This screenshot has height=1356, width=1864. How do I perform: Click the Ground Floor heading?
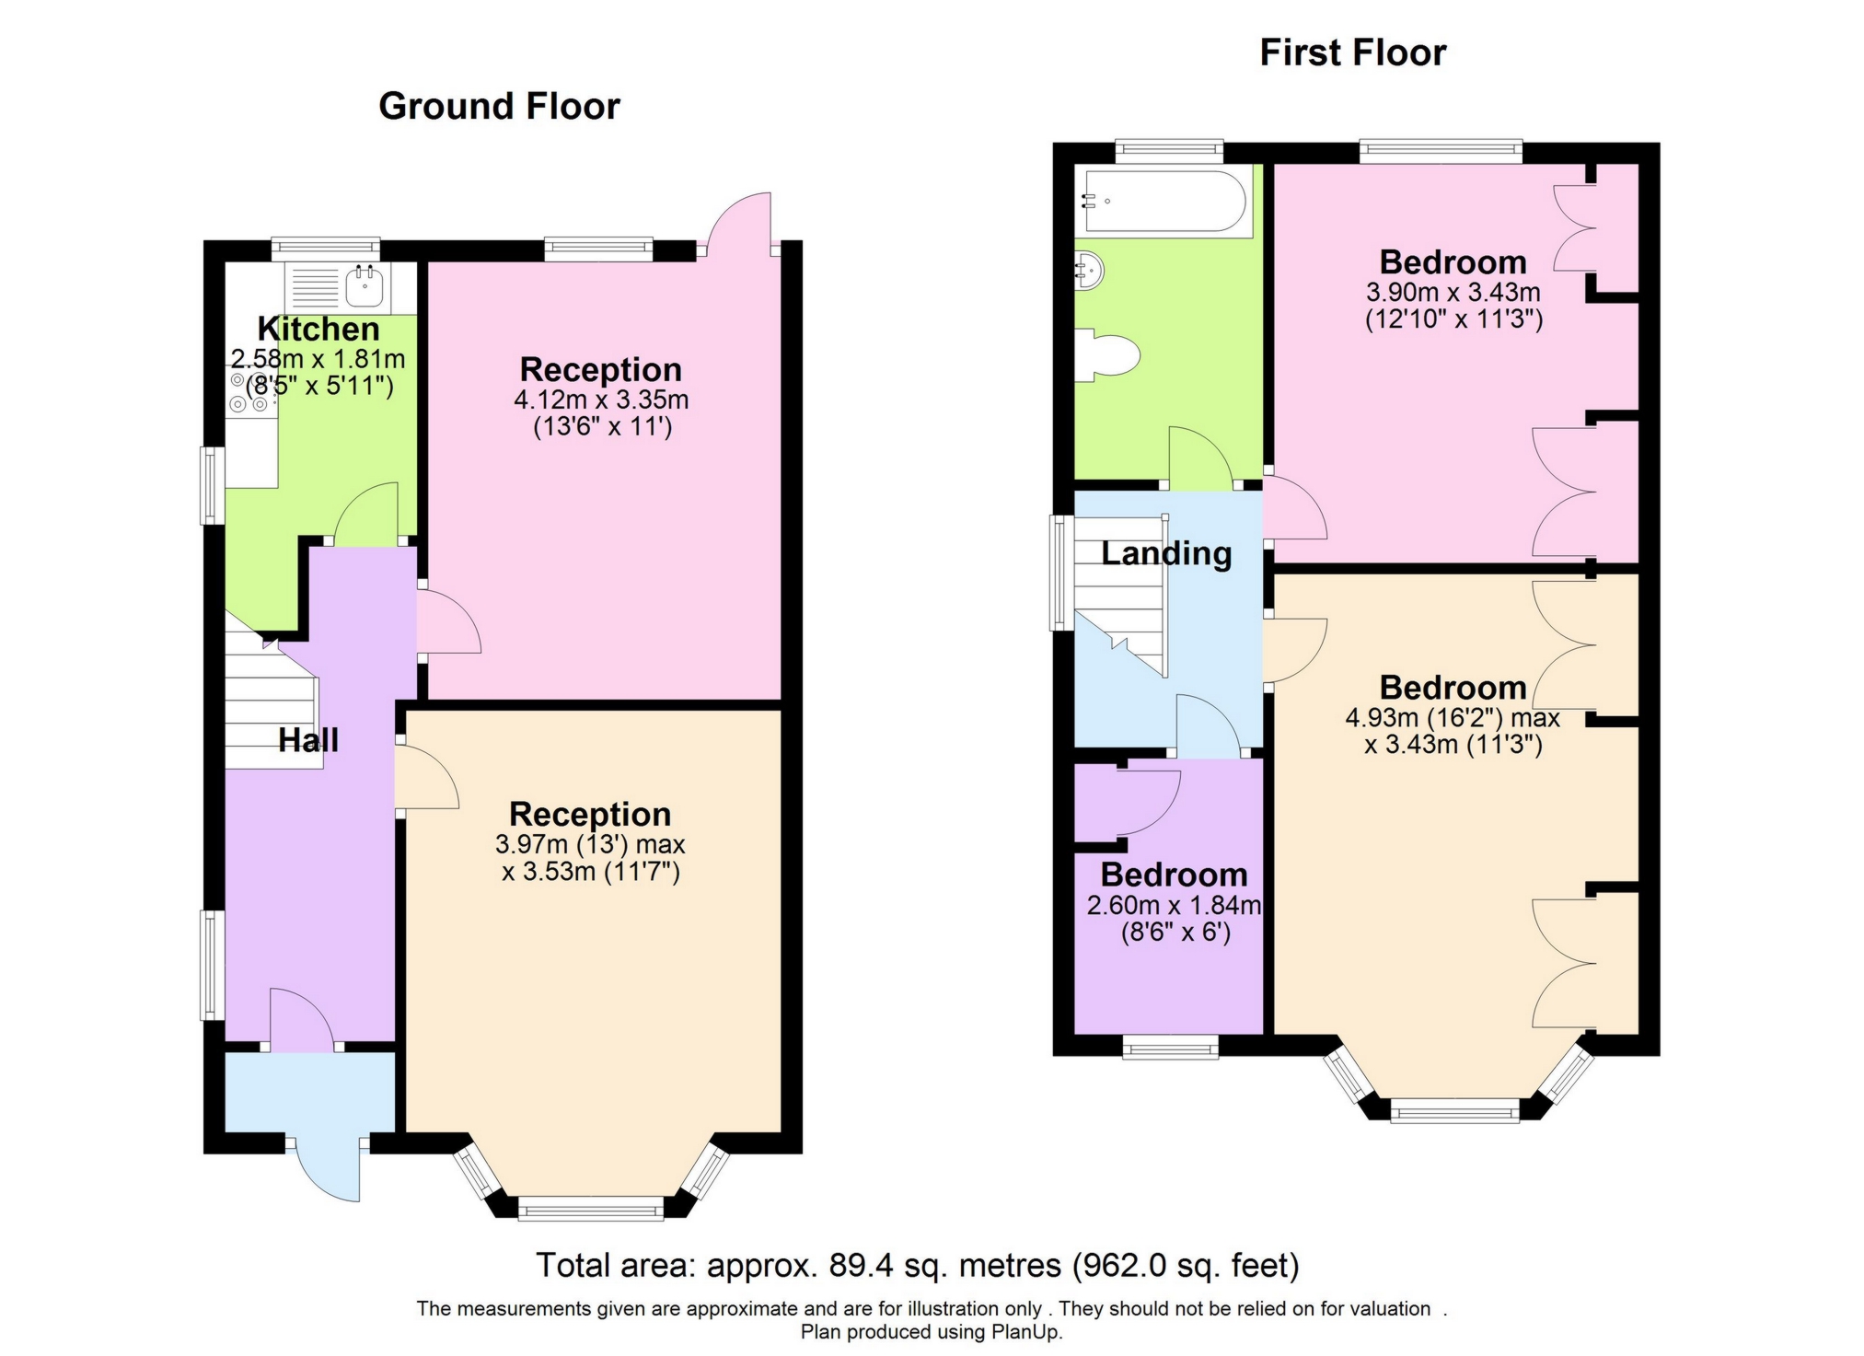pos(499,106)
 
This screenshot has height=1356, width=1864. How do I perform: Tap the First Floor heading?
pos(1352,52)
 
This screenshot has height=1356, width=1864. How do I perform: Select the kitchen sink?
pos(365,286)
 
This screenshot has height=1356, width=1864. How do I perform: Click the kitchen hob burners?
pos(249,392)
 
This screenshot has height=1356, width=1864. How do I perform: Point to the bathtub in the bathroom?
pos(1164,201)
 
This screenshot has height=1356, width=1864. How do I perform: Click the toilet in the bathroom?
pos(1108,354)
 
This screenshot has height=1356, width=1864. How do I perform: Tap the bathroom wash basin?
pos(1089,271)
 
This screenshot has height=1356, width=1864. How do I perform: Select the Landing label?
pos(1166,553)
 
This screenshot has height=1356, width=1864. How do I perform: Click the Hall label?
pos(308,740)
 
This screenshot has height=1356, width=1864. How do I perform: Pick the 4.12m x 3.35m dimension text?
pos(601,400)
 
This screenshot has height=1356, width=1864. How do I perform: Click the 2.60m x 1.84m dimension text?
pos(1174,906)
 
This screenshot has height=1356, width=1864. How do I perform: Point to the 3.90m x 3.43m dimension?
pos(1453,293)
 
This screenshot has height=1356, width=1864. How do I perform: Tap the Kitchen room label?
pos(318,329)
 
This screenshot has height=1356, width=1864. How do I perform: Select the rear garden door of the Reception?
pos(741,221)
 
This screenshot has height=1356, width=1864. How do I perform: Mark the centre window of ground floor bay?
pos(591,1208)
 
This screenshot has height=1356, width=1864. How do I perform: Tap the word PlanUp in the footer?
pos(1025,1332)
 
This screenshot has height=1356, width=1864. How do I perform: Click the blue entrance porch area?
pos(309,1092)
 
